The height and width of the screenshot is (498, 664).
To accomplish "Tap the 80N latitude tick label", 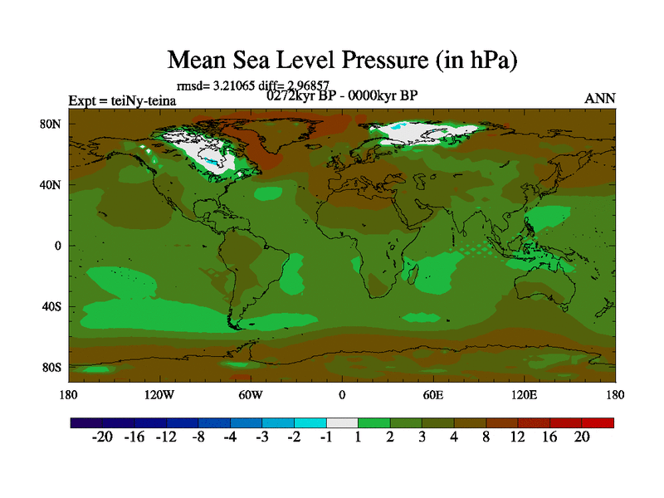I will click(51, 124).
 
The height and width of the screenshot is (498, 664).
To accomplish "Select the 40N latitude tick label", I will click(51, 184).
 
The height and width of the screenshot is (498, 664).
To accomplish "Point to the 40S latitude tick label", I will click(51, 306).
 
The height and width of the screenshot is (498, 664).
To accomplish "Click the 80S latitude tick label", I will click(51, 367).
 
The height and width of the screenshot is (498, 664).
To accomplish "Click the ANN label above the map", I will click(600, 99).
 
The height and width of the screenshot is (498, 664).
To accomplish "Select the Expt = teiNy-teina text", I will click(121, 100).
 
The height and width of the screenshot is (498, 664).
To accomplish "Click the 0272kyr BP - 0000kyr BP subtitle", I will click(341, 95).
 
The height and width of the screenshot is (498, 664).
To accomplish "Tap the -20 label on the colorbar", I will click(102, 437).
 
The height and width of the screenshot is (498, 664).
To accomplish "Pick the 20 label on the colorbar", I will click(581, 437).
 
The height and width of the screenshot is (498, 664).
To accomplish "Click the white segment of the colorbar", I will click(342, 422).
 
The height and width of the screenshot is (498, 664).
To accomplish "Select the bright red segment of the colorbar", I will click(598, 422).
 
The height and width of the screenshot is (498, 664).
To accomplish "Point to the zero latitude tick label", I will click(58, 246).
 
